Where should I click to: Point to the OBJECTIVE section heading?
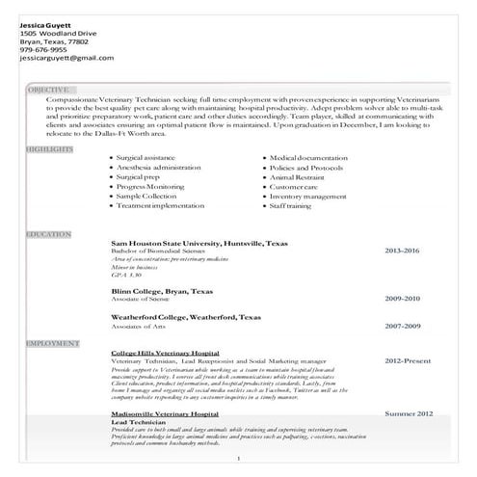tap(47, 90)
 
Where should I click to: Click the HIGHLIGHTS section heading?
tap(49, 149)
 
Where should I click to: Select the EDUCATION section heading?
tap(48, 234)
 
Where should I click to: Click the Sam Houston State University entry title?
tap(199, 243)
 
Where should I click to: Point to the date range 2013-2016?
tap(402, 251)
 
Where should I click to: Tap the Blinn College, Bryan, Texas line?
tap(163, 290)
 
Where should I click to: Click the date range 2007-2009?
tap(402, 326)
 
